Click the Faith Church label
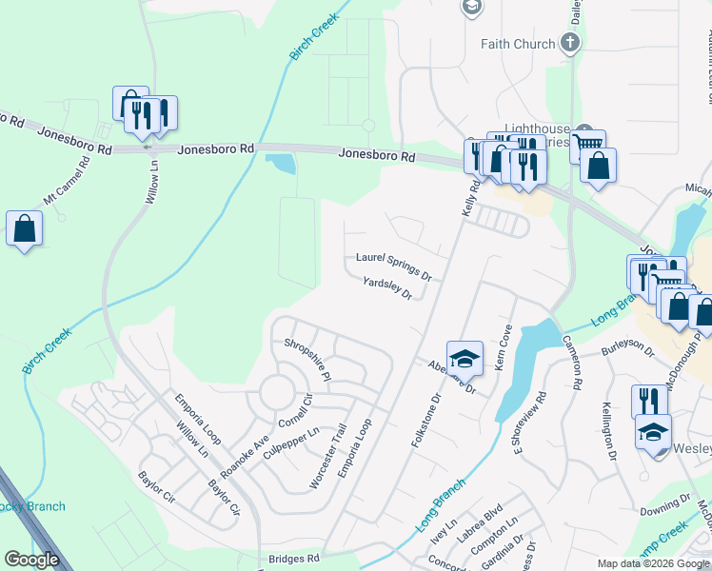(x=518, y=44)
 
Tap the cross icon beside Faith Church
(x=569, y=42)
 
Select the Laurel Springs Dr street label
(x=393, y=264)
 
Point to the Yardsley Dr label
(x=386, y=287)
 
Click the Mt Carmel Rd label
(x=66, y=178)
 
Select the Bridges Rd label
(x=292, y=559)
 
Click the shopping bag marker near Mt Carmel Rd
(x=24, y=229)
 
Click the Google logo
(x=31, y=559)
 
